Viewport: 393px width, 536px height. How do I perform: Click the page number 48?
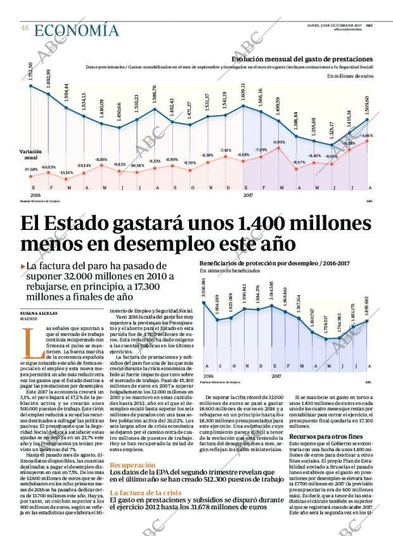click(x=24, y=28)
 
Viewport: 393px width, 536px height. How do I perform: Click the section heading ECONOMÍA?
click(x=76, y=30)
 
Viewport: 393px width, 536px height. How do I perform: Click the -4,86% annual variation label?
click(x=367, y=136)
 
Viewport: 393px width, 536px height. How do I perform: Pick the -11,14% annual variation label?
click(x=66, y=172)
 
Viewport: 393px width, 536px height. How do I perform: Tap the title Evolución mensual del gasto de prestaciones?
click(x=311, y=59)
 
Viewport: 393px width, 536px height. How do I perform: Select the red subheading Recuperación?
click(x=132, y=464)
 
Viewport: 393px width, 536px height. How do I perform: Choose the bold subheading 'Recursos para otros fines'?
click(x=325, y=437)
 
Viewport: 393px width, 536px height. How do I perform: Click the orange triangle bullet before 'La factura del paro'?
click(x=23, y=267)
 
